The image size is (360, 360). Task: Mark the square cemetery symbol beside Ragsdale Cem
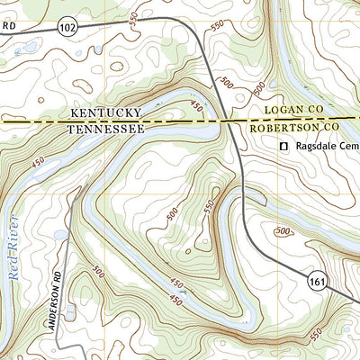point(284,146)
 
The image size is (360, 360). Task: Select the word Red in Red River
point(15,286)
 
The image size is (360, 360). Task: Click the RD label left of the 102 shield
point(9,27)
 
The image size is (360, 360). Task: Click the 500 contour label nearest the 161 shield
point(284,231)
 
